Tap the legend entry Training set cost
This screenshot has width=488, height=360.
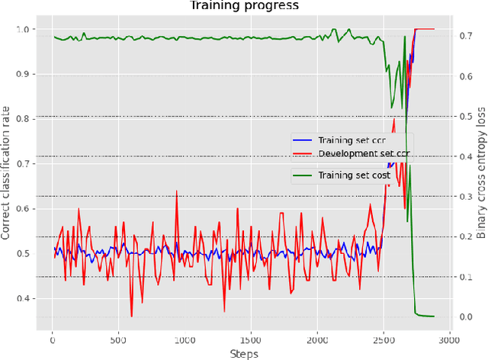click(355, 175)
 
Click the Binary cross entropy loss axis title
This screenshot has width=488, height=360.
click(481, 172)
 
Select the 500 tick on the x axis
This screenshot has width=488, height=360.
click(119, 339)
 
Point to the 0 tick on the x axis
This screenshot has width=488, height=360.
click(53, 339)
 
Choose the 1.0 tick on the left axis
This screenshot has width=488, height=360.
click(26, 30)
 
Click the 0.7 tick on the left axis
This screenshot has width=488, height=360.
click(26, 164)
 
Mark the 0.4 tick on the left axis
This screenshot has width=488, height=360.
click(26, 298)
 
